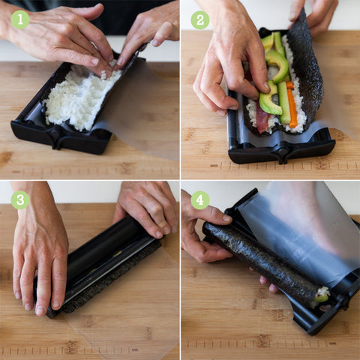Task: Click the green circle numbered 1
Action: (20, 19)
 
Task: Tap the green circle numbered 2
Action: (200, 20)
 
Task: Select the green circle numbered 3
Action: (20, 199)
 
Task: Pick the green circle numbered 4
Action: (200, 200)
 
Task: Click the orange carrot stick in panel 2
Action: (292, 105)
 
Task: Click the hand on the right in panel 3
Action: (148, 208)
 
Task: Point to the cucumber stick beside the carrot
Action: (284, 103)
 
